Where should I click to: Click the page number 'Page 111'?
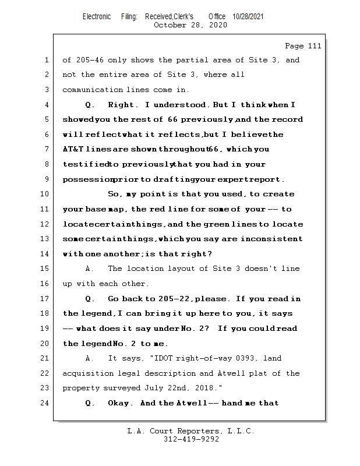click(302, 46)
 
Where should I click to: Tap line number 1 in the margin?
click(47, 60)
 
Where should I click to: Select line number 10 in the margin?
click(45, 194)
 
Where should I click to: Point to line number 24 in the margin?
click(45, 403)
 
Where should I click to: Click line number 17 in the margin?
click(45, 299)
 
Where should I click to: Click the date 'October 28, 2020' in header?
click(190, 25)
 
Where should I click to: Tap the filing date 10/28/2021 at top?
click(248, 16)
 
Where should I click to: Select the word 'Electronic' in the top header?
click(97, 16)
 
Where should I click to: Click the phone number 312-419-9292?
click(191, 440)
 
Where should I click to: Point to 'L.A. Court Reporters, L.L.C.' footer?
click(191, 432)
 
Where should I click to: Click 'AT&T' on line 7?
click(73, 149)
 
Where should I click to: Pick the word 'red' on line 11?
click(160, 209)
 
